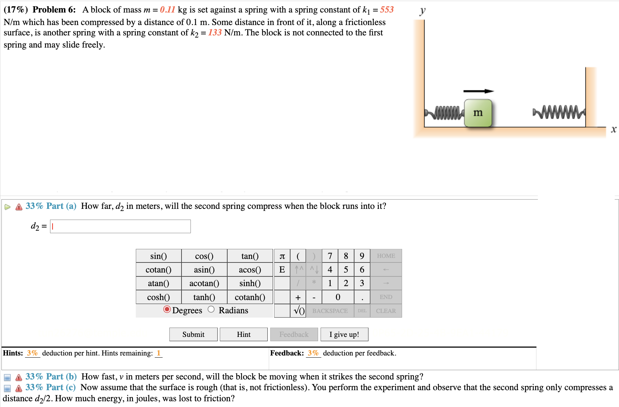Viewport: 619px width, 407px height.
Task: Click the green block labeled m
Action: click(x=478, y=113)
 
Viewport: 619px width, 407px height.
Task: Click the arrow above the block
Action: click(x=478, y=91)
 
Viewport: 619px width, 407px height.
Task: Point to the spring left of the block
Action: click(x=444, y=113)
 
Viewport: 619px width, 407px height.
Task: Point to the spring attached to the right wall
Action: click(x=559, y=112)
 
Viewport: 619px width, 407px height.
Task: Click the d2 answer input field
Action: click(x=120, y=226)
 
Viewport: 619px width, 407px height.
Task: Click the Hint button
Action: click(x=243, y=334)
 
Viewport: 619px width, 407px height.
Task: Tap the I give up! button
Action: click(x=344, y=334)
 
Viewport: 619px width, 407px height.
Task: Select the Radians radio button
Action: click(x=211, y=309)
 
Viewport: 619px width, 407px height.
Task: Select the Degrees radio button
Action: click(x=167, y=309)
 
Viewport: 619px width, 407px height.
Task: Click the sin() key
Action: click(x=158, y=256)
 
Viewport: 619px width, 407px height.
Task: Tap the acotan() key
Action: click(x=204, y=283)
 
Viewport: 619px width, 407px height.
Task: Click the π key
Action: click(x=282, y=256)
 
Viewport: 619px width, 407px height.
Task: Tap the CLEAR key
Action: click(x=386, y=311)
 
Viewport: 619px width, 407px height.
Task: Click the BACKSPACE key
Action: click(x=330, y=311)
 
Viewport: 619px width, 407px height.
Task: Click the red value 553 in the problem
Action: click(x=387, y=10)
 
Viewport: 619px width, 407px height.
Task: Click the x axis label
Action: click(x=613, y=129)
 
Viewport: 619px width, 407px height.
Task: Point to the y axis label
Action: click(x=422, y=11)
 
